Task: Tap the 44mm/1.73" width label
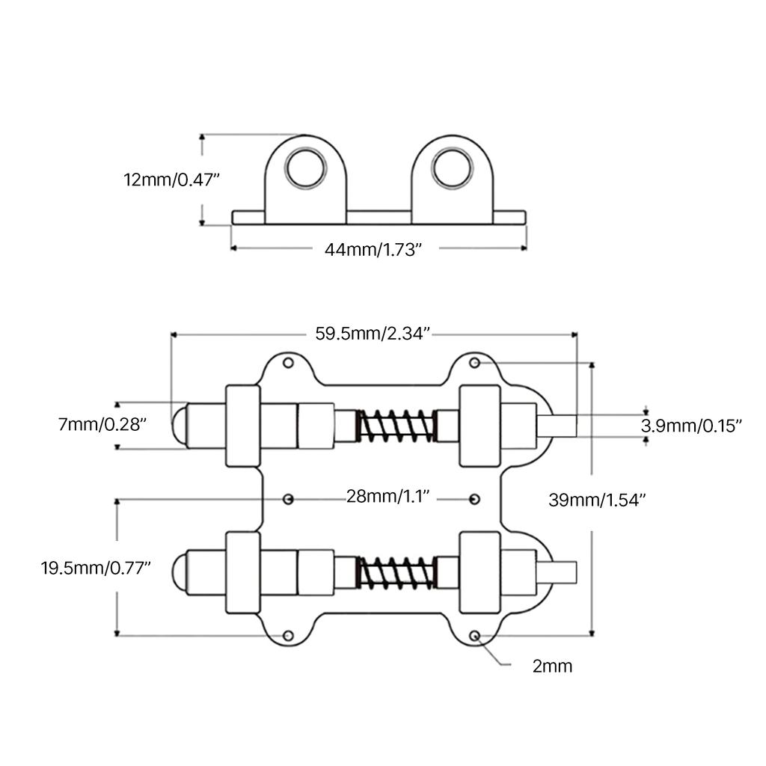tap(373, 250)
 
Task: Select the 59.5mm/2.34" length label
tap(373, 334)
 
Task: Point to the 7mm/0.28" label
tap(102, 425)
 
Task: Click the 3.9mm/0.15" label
tap(691, 426)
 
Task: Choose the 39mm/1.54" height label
tap(597, 500)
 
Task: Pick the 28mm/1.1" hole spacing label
tap(388, 497)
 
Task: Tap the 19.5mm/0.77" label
tap(96, 569)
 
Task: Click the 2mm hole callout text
tap(552, 667)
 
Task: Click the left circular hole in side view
tap(306, 168)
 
